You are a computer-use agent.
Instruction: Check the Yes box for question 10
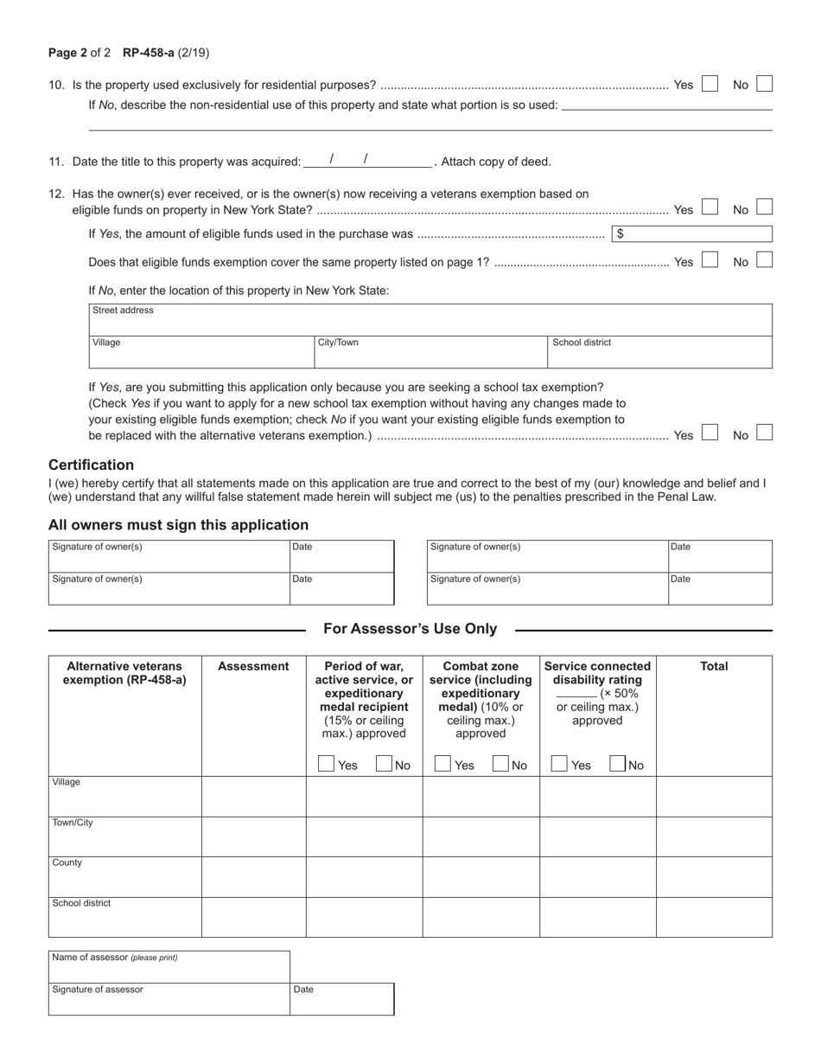[710, 84]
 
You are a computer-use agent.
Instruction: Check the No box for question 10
[764, 84]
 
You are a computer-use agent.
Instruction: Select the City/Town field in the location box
[430, 352]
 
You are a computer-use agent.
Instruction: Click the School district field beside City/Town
[660, 352]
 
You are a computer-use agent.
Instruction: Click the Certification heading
[92, 465]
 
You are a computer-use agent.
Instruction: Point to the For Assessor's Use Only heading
[410, 629]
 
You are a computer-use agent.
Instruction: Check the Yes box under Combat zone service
[442, 764]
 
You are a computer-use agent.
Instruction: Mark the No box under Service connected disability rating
[618, 764]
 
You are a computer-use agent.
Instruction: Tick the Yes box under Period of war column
[327, 764]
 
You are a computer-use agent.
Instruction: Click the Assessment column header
[253, 666]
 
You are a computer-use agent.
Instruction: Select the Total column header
[714, 666]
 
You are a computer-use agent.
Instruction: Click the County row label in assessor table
[67, 862]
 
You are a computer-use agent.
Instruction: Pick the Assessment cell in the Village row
[253, 797]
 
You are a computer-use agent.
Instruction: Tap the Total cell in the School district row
[714, 918]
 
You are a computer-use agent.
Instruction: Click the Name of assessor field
[169, 966]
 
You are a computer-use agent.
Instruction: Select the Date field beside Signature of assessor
[342, 999]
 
